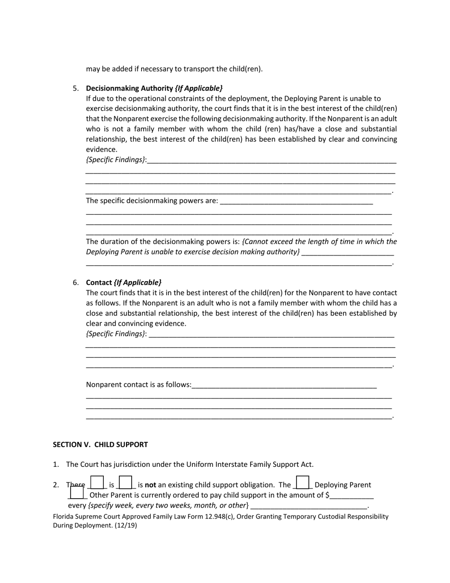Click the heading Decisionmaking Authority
point(129,88)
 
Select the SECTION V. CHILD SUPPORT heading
point(100,445)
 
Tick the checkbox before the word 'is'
point(97,483)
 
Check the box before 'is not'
point(126,483)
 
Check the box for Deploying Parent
point(302,483)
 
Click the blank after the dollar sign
point(352,496)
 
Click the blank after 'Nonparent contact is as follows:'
point(284,385)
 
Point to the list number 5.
point(75,88)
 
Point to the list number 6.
point(75,282)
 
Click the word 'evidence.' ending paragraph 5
point(101,149)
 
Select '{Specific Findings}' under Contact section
point(116,334)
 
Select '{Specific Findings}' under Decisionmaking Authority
point(116,160)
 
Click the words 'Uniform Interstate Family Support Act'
point(249,465)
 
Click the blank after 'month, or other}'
point(309,506)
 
